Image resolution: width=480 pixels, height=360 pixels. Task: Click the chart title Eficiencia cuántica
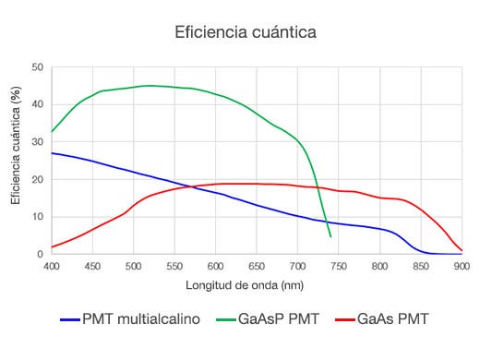pyautogui.click(x=246, y=32)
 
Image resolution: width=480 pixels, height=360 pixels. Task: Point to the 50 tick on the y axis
pyautogui.click(x=38, y=67)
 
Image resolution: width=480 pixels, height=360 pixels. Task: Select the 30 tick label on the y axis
pyautogui.click(x=38, y=142)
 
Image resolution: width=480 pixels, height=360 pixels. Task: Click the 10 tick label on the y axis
pyautogui.click(x=38, y=217)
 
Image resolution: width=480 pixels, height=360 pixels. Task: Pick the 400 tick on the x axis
pyautogui.click(x=52, y=267)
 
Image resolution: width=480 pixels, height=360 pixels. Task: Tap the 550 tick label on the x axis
pyautogui.click(x=174, y=267)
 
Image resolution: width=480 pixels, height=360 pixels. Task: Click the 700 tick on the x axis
pyautogui.click(x=297, y=267)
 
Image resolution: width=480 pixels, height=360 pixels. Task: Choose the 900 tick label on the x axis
pyautogui.click(x=462, y=267)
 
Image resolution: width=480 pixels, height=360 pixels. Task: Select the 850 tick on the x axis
pyautogui.click(x=421, y=267)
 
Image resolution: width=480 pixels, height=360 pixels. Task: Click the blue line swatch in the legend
pyautogui.click(x=70, y=320)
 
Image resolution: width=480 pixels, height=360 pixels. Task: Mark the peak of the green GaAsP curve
pyautogui.click(x=148, y=86)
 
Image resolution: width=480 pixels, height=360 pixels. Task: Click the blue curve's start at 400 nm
pyautogui.click(x=53, y=153)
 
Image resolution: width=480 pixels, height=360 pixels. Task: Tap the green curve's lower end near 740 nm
pyautogui.click(x=330, y=236)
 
